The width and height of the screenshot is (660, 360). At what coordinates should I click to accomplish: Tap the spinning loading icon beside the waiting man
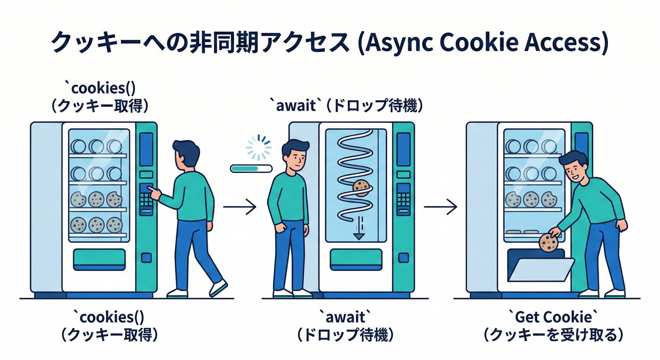tap(259, 147)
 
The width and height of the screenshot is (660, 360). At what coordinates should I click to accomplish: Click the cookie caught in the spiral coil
tap(361, 187)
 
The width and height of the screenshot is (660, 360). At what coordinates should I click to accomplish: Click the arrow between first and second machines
tap(240, 206)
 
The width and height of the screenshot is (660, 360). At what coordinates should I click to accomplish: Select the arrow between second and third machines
tap(440, 206)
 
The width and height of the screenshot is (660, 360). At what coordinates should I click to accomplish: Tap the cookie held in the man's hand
tap(548, 243)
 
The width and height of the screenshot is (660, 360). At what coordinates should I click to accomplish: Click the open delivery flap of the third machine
tap(539, 270)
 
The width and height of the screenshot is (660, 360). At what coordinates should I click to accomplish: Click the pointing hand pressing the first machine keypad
tap(153, 192)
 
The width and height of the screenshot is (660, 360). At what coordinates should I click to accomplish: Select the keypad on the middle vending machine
tap(403, 199)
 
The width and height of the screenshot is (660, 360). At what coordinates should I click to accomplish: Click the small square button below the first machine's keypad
tap(146, 257)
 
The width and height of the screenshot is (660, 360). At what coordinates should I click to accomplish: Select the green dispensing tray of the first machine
tap(99, 257)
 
